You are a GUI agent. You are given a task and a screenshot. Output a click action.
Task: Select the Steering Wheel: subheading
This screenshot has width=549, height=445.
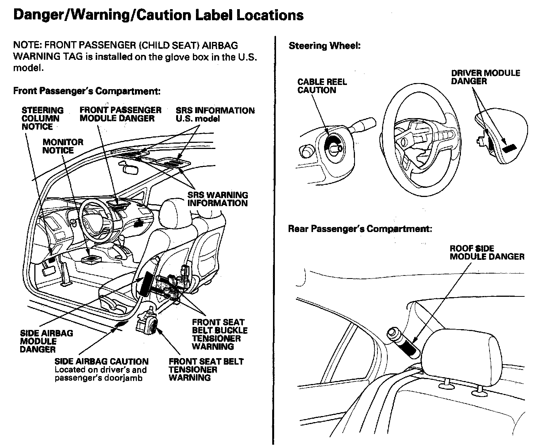(x=324, y=46)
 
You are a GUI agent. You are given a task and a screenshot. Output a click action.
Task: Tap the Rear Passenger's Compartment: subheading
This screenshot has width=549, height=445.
(x=360, y=229)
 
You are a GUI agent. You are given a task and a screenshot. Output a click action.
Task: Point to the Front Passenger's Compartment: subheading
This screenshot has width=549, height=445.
(x=87, y=91)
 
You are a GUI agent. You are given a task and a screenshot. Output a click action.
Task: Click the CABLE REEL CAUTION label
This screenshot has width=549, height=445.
(x=322, y=86)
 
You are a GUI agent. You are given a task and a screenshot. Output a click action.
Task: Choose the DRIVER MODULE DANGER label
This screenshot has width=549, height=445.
(x=485, y=77)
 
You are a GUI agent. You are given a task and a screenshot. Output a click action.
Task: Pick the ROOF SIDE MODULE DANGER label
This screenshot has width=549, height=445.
(x=487, y=253)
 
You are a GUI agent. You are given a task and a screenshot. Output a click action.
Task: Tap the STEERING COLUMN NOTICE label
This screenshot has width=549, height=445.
(x=42, y=118)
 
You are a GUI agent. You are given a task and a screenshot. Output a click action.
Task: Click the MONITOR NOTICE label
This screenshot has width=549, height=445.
(x=63, y=146)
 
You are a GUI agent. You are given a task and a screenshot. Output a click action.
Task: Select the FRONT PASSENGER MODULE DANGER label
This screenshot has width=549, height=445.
(x=120, y=114)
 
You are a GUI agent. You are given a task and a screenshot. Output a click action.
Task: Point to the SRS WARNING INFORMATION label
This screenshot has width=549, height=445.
(x=217, y=199)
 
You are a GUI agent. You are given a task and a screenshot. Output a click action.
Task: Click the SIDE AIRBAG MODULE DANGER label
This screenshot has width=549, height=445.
(x=46, y=341)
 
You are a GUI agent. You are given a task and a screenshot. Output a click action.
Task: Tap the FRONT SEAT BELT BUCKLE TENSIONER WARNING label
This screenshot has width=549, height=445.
(x=219, y=334)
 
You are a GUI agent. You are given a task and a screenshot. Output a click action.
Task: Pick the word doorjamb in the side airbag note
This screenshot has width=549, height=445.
(x=128, y=378)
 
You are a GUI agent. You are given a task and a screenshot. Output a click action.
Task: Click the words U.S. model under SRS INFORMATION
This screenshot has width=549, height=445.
(x=197, y=119)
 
